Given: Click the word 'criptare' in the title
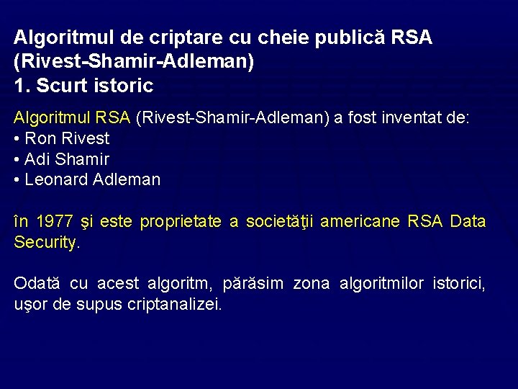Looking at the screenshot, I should pos(150,37).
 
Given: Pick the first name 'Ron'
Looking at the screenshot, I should pos(40,138).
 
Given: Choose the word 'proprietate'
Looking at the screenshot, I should pos(182,222).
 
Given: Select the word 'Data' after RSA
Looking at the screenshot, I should pos(468,222).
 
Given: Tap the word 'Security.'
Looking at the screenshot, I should pos(47,243).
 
